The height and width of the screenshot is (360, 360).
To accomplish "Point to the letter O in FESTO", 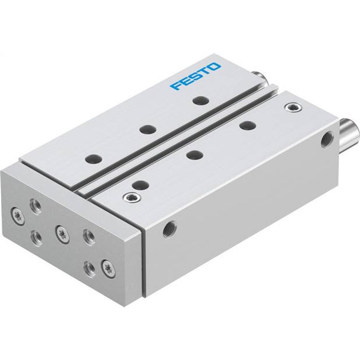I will click(x=215, y=67).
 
